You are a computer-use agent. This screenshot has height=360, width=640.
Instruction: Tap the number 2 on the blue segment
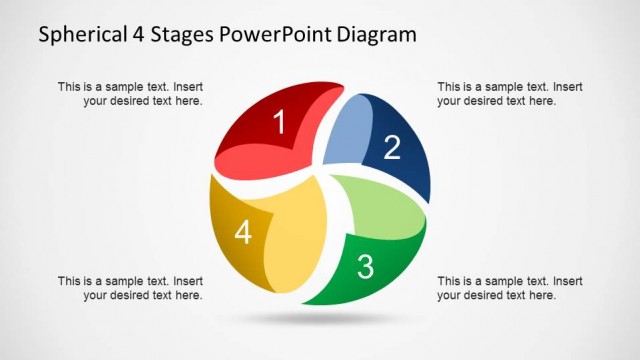392,147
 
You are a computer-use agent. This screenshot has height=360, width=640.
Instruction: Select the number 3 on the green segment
365,267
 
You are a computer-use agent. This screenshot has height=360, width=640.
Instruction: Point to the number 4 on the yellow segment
242,233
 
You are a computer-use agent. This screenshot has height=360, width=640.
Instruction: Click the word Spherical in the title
84,36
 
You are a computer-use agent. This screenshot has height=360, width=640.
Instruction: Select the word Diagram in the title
379,36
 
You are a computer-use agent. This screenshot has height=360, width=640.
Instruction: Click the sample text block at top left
130,94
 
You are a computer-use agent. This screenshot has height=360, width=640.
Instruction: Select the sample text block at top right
510,94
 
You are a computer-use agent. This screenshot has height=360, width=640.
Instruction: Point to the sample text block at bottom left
130,288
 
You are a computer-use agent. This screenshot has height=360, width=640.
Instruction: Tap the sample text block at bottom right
510,288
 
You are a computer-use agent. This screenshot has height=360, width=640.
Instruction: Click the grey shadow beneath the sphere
320,319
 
